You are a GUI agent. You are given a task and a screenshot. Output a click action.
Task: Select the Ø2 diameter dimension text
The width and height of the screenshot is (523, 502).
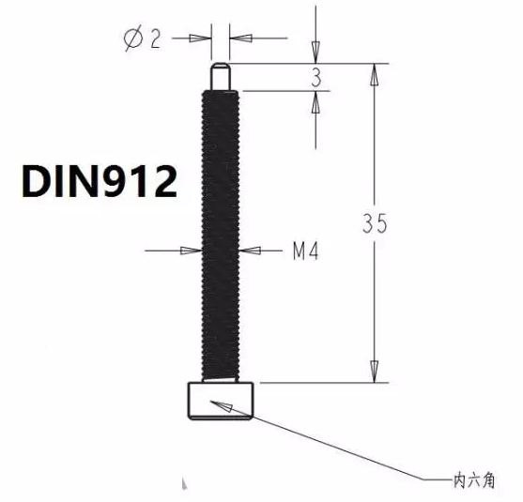(x=142, y=38)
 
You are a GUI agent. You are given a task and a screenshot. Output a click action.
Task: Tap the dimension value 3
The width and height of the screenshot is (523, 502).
(x=316, y=79)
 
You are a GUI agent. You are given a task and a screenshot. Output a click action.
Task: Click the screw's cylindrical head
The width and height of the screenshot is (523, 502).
(x=222, y=401)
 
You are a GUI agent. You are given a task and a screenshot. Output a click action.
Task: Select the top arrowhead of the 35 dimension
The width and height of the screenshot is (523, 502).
(x=376, y=74)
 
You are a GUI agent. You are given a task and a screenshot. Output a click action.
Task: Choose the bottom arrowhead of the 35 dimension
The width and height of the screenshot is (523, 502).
(x=376, y=373)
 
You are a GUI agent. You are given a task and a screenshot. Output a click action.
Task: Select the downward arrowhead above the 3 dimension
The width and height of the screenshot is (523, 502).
(x=316, y=55)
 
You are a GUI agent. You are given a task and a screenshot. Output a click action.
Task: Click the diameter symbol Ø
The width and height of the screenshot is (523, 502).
(x=133, y=38)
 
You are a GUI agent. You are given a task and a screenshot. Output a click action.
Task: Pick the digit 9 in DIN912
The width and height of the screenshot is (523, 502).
(x=120, y=180)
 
